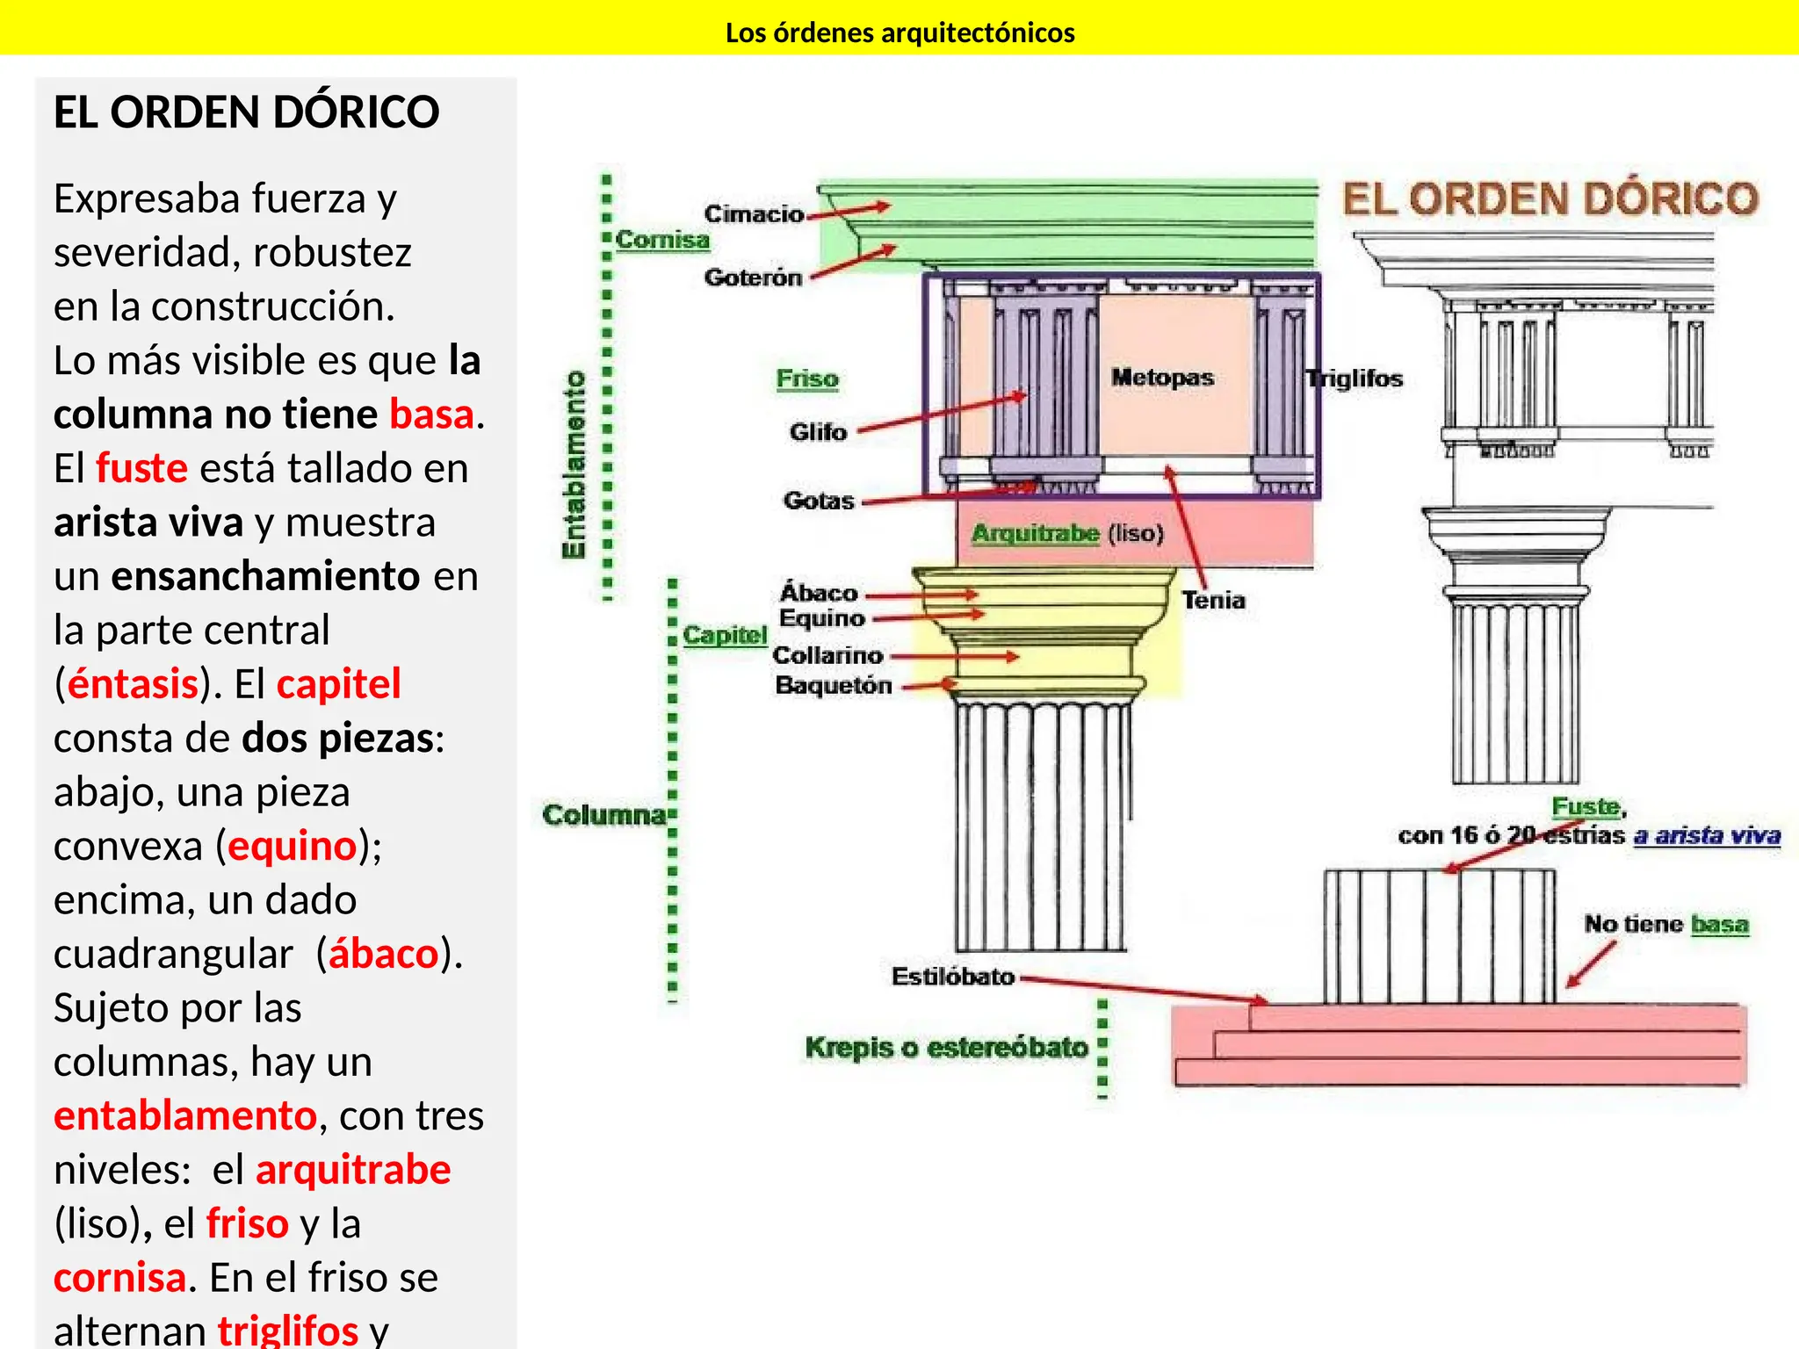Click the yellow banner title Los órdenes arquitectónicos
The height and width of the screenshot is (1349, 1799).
coord(899,32)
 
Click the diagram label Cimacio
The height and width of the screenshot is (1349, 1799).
coord(754,213)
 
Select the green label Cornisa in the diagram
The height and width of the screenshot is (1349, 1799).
coord(662,240)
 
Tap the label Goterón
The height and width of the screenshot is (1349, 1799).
coord(753,278)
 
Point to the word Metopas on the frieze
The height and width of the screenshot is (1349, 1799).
coord(1162,378)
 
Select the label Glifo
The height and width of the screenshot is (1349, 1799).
coord(818,432)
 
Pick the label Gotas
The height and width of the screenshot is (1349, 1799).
coord(819,501)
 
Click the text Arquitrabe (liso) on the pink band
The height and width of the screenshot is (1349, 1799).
coord(1067,533)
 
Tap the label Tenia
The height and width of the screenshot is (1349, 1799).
coord(1213,601)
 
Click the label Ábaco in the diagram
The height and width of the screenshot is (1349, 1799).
coord(819,593)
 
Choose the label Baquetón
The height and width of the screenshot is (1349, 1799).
coord(833,686)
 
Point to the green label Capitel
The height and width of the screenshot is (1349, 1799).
coord(725,635)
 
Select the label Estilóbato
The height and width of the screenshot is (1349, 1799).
coord(953,977)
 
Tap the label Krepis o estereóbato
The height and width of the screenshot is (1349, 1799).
coord(946,1048)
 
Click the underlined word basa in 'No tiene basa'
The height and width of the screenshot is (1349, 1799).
coord(1719,924)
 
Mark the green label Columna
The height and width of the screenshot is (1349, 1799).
coord(604,815)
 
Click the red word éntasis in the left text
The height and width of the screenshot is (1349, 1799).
coord(133,684)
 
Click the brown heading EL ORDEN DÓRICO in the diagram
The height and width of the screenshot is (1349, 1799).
coord(1550,199)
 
